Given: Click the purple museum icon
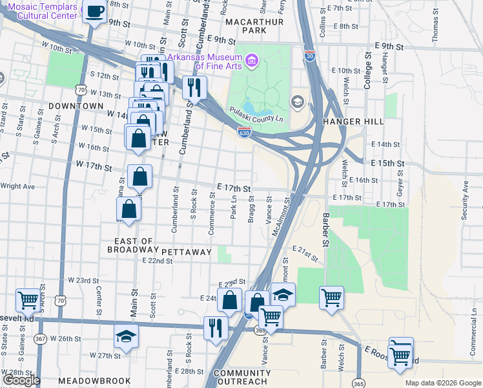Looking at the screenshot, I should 252,62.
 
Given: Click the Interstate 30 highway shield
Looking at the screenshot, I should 310,55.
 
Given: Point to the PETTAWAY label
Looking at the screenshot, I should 187,252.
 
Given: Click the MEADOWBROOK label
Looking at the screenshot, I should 94,381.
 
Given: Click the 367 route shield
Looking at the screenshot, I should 40,339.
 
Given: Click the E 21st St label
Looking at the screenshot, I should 305,253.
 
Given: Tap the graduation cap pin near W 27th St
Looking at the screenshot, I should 126,336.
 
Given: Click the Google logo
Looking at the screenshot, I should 22,381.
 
